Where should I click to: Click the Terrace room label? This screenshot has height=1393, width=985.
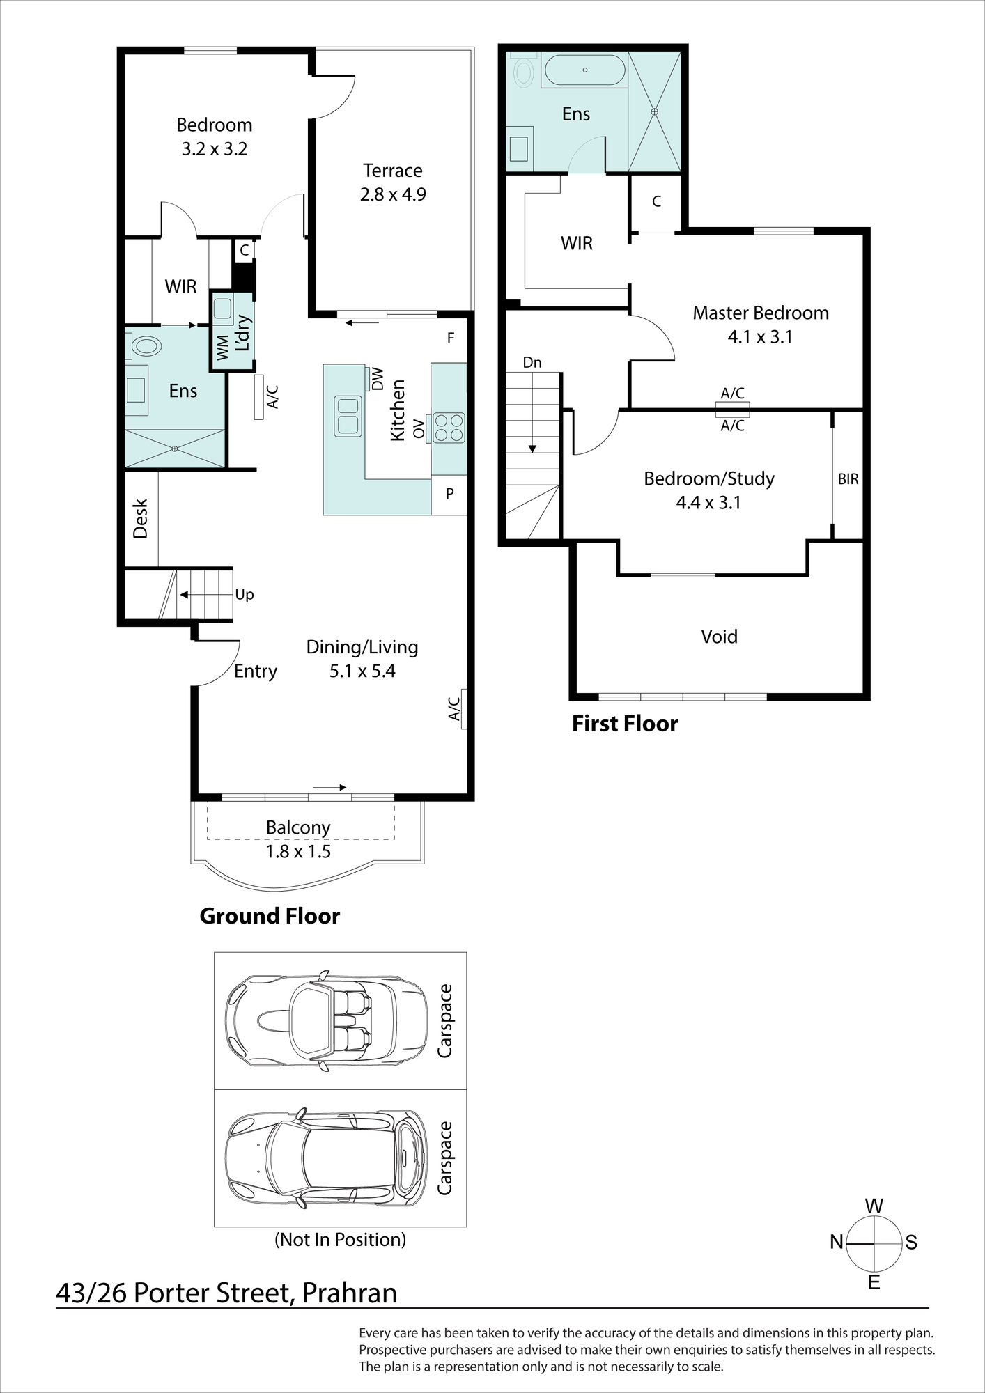coord(393,171)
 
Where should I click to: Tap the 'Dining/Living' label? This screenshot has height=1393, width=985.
coord(362,647)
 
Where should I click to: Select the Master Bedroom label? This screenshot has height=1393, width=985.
coord(761,313)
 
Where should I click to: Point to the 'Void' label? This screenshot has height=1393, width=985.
coord(719,637)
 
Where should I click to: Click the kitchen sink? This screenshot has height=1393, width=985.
coord(348,416)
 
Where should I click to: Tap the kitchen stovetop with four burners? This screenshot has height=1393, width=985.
coord(449,428)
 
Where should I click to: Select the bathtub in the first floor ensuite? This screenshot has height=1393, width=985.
coord(585,70)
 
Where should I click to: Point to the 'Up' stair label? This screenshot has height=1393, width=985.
coord(245,595)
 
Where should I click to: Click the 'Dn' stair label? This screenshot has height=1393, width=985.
coord(532,362)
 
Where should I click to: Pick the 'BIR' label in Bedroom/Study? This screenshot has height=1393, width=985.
coord(848,479)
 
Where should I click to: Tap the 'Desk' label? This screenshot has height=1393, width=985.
coord(141,518)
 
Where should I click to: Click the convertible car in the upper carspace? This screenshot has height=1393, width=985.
coord(326,1020)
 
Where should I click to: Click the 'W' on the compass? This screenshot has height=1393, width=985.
coord(874,1206)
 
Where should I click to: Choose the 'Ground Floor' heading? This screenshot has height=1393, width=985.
coord(270,916)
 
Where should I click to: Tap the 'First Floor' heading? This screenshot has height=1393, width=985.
coord(625,724)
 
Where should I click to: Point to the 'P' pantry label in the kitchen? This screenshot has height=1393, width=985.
coord(450,494)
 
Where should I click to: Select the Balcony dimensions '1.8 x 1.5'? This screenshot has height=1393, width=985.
coord(298,851)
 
